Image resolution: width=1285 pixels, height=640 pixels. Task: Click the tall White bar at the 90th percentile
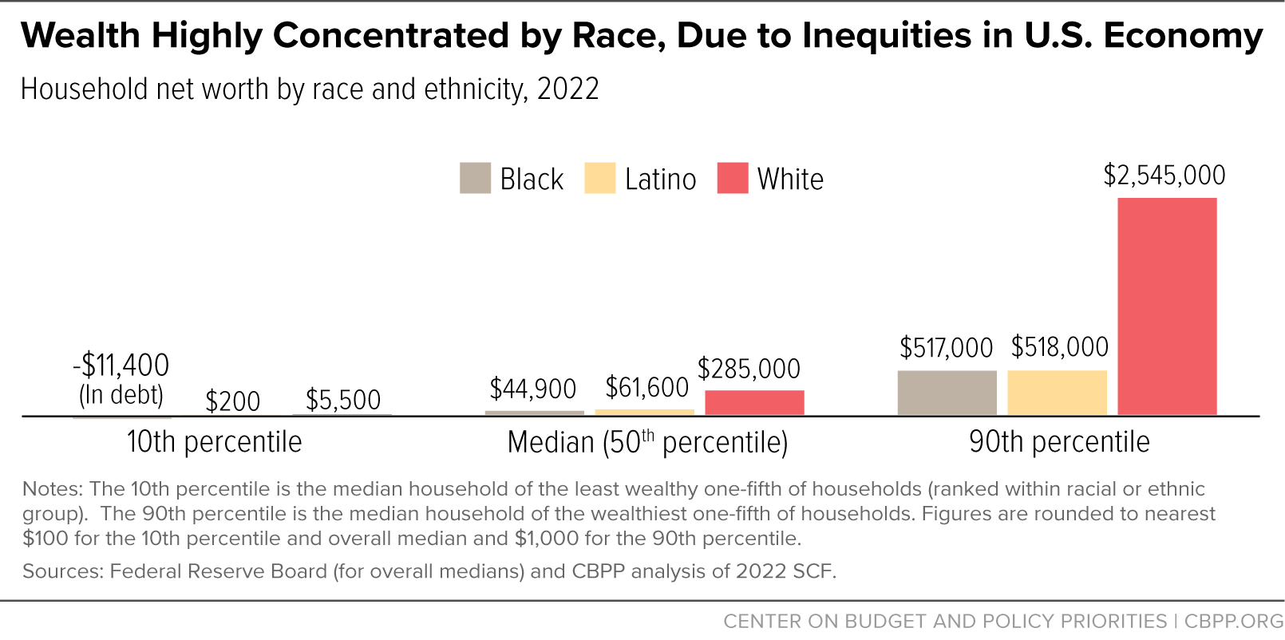click(x=1167, y=306)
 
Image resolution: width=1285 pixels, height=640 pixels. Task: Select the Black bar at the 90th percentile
click(x=947, y=393)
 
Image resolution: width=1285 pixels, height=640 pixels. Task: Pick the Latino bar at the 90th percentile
click(x=1057, y=393)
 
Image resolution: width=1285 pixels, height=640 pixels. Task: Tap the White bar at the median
click(x=754, y=402)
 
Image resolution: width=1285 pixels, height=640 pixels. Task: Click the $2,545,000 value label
click(x=1164, y=176)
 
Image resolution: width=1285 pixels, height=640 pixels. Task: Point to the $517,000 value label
click(x=946, y=348)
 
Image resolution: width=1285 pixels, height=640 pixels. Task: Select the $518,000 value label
click(x=1059, y=347)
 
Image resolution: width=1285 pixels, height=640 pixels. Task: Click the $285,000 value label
click(x=749, y=369)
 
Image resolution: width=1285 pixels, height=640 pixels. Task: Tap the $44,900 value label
click(x=533, y=389)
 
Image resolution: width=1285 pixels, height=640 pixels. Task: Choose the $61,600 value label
click(x=646, y=389)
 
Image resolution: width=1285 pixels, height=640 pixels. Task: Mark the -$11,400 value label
click(x=121, y=365)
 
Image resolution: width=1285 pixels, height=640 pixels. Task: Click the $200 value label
click(x=232, y=401)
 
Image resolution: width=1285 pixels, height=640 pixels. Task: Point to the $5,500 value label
click(x=343, y=401)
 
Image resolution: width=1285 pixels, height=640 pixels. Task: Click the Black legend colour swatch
click(x=475, y=178)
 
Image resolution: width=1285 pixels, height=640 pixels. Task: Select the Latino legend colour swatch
click(x=600, y=178)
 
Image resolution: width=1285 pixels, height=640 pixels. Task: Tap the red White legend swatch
click(x=733, y=178)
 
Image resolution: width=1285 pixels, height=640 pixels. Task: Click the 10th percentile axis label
click(x=214, y=442)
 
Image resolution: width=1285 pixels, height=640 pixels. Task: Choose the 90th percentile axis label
click(x=1060, y=442)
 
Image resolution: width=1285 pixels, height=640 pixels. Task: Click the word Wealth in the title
click(x=81, y=36)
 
